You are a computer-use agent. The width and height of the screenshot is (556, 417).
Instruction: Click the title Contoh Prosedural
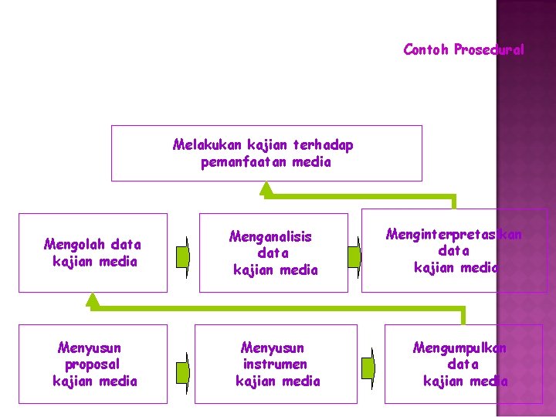point(463,50)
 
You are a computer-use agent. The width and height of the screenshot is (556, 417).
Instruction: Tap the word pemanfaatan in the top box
point(236,162)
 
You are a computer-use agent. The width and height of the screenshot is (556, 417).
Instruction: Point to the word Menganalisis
point(270,236)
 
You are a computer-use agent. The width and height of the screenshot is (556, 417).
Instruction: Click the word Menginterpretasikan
point(453,234)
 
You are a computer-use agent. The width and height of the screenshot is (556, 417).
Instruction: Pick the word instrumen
point(274,364)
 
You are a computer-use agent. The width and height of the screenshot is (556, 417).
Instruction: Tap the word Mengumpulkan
point(459,347)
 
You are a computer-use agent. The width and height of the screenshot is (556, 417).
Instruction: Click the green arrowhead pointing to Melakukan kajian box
point(266,189)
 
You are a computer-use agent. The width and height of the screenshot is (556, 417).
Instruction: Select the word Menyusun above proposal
point(89,347)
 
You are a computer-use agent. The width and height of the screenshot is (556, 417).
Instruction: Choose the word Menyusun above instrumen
point(273,347)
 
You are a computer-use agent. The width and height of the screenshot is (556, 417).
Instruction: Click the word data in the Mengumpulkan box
point(463,364)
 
